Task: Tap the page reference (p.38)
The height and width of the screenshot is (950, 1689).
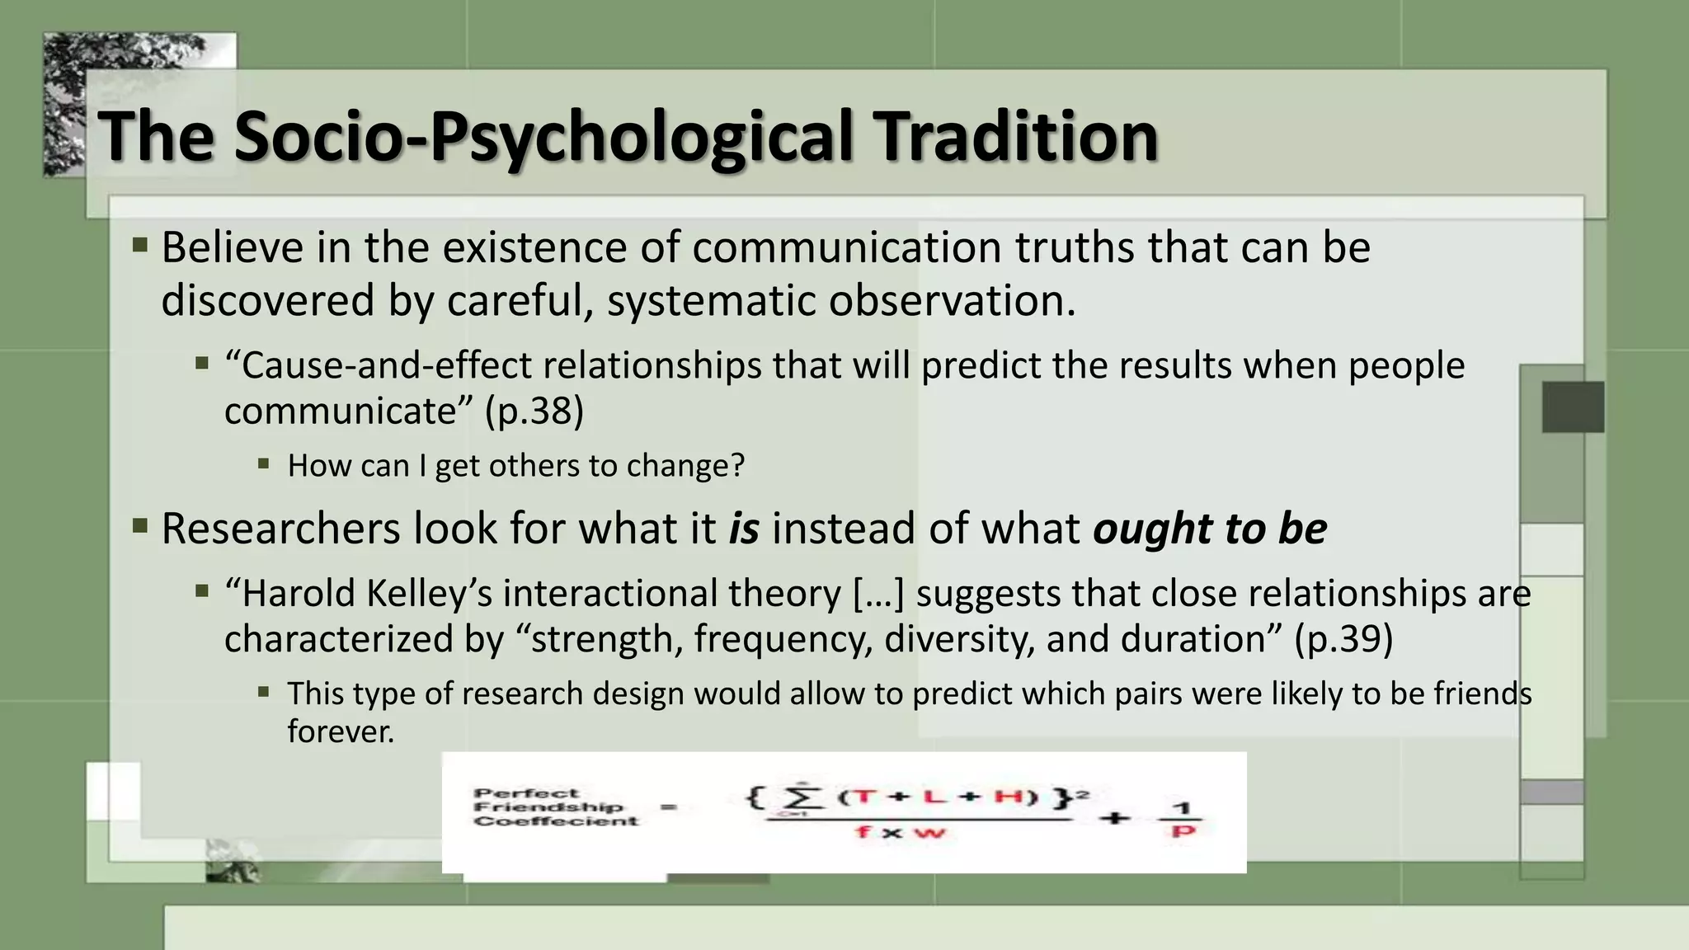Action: coord(534,411)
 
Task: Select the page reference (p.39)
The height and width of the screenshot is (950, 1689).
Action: coord(1343,639)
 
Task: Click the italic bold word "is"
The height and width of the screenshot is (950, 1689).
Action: coord(743,529)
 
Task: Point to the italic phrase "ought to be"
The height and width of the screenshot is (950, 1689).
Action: coord(1209,529)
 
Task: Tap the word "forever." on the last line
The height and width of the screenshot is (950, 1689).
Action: coord(341,731)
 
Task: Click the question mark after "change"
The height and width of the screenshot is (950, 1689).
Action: coord(736,466)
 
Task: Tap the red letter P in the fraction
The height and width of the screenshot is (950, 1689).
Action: coord(1183,831)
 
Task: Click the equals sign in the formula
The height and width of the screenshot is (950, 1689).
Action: coord(669,807)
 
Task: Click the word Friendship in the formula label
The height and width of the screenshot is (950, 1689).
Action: coord(548,807)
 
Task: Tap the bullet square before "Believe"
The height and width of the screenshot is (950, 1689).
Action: coord(139,245)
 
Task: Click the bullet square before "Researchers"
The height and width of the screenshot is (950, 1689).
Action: coord(139,525)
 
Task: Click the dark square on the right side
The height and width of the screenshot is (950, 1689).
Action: coord(1573,407)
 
